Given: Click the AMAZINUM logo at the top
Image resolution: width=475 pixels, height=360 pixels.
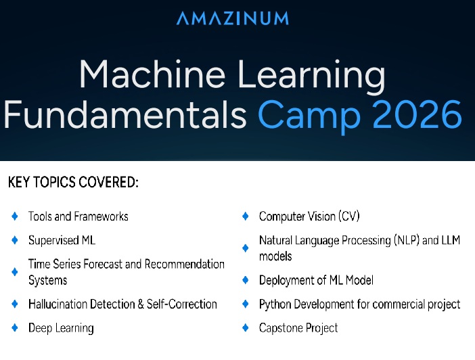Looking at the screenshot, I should tap(232, 18).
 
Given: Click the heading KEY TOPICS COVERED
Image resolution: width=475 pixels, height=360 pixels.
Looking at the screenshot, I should tap(73, 183).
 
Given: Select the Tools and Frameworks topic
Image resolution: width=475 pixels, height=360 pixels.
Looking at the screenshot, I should tap(78, 217).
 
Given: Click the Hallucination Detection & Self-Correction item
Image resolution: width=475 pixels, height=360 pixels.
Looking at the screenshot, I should tap(122, 304).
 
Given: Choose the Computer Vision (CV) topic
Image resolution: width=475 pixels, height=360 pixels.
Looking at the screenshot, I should tap(309, 217).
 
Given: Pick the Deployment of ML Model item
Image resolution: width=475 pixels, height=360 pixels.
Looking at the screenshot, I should tap(316, 280).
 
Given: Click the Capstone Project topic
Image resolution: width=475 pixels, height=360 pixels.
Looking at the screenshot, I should tap(298, 328).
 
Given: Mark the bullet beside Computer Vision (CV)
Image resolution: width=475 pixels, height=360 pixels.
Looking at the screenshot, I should tap(246, 217).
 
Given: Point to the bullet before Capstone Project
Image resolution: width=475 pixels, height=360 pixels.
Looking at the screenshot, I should tap(246, 328).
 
